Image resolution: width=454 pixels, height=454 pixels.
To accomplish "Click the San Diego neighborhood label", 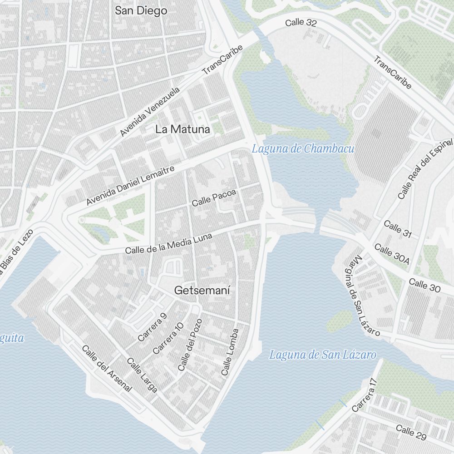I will [141, 10].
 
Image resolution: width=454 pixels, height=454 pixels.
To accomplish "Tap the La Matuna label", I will [183, 129].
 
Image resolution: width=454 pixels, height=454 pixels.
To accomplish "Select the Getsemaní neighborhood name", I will [202, 290].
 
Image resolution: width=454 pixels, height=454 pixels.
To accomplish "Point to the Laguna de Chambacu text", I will [303, 148].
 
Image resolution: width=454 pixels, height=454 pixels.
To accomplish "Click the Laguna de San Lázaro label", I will [322, 355].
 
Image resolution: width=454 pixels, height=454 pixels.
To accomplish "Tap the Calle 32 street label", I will [301, 23].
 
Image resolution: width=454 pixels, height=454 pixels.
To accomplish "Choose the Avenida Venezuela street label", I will [150, 112].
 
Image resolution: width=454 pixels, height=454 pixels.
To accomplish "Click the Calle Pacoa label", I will [214, 198].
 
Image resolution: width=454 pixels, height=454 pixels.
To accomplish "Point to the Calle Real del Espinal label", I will [424, 169].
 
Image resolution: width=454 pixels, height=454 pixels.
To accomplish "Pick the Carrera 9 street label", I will [152, 327].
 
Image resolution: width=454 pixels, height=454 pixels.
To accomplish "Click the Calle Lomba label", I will [230, 352].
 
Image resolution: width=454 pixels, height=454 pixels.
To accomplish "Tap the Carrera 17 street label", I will [365, 395].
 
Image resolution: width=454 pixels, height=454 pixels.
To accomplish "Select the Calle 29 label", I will [411, 432].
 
